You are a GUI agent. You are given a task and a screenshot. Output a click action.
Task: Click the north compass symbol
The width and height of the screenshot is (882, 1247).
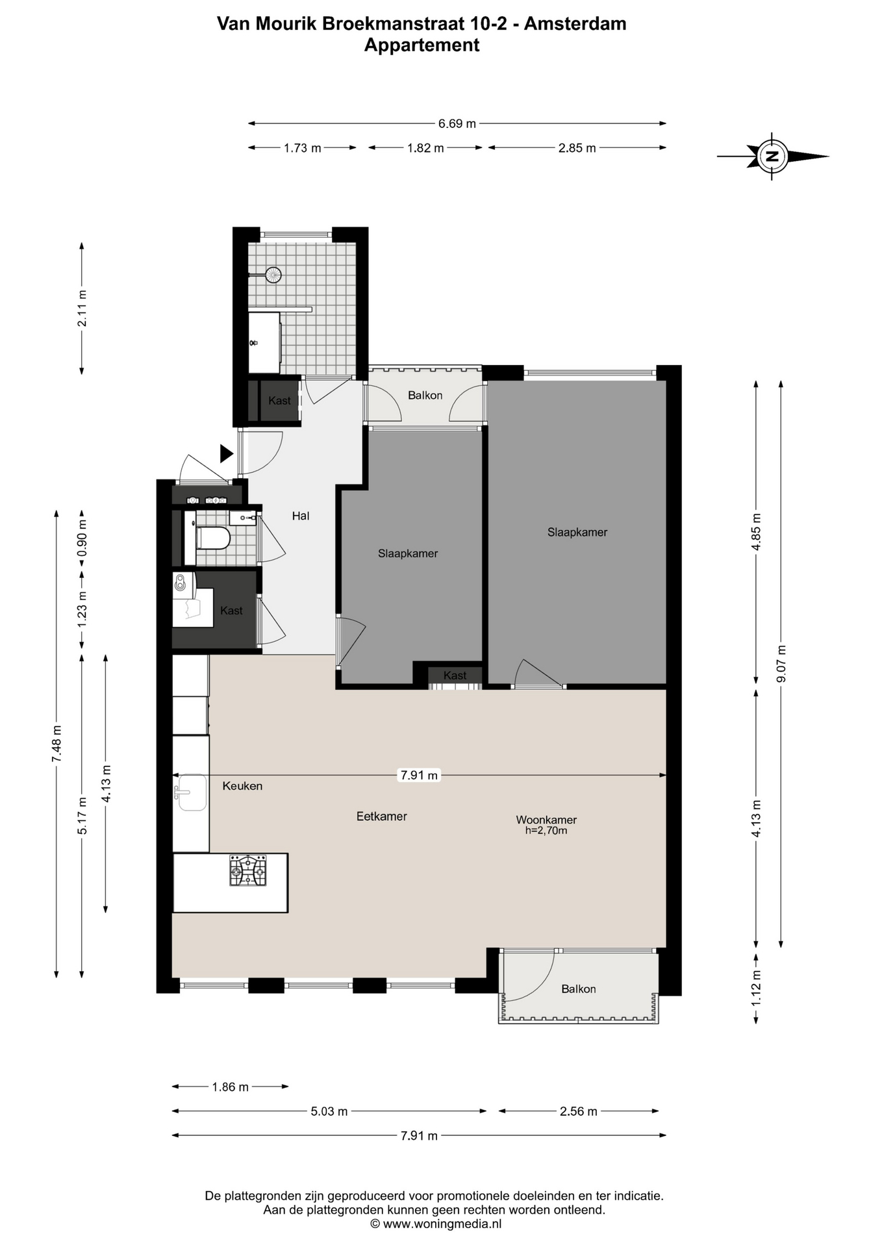[x=772, y=156]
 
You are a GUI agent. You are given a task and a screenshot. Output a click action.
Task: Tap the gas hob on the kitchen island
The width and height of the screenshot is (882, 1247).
[x=247, y=871]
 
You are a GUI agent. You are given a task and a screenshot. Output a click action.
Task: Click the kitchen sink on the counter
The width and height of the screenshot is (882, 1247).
[x=191, y=792]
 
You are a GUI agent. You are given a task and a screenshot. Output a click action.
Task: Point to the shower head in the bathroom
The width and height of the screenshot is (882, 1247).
[x=273, y=275]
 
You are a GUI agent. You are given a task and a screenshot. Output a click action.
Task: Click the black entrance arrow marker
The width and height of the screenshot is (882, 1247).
[x=226, y=453]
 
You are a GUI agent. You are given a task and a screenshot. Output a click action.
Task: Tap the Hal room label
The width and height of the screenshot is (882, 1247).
[x=301, y=516]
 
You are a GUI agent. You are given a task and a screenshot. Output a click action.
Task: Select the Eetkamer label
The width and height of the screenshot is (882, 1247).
[x=382, y=816]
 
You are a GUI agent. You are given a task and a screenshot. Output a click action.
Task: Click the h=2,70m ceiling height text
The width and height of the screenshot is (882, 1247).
[x=546, y=831]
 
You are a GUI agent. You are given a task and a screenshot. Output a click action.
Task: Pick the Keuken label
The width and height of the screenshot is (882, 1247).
[x=242, y=786]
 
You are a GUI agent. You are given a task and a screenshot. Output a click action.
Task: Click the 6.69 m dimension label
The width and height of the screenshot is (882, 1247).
[x=457, y=123]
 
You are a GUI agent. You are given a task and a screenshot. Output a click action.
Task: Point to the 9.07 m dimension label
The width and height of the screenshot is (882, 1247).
[x=781, y=663]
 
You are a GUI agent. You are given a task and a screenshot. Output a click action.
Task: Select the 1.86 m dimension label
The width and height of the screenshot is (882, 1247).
[x=230, y=1087]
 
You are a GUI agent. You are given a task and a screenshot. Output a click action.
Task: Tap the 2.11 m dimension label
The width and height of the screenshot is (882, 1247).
[x=82, y=309]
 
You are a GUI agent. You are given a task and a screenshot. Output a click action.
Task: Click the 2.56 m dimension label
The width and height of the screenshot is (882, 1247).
[x=578, y=1111]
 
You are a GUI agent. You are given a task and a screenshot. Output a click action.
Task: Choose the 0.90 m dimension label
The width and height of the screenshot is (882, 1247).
[x=82, y=539]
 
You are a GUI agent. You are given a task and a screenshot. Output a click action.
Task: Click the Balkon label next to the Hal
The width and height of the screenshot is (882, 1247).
[x=425, y=396]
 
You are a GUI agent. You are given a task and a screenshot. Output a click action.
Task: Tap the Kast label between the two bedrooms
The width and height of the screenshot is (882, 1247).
[x=455, y=675]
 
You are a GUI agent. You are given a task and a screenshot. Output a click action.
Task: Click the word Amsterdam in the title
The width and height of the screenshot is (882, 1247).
[x=575, y=24]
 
